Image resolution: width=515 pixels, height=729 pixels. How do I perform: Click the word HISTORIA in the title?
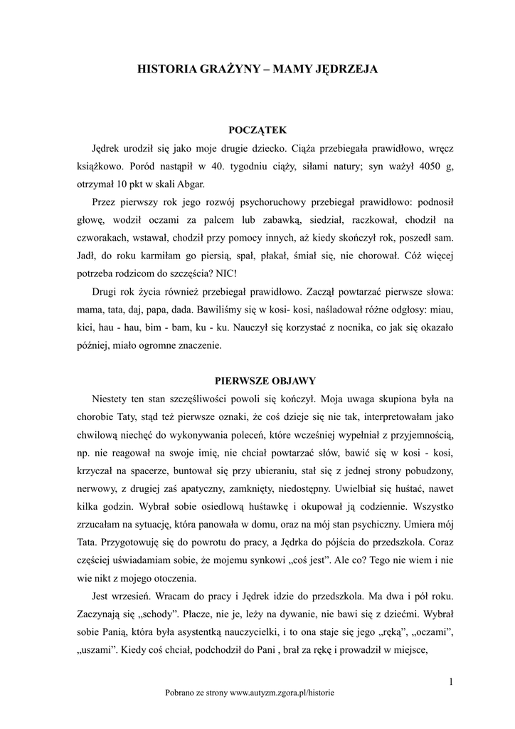pyautogui.click(x=164, y=70)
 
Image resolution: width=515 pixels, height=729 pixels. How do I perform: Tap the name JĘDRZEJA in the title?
pyautogui.click(x=346, y=70)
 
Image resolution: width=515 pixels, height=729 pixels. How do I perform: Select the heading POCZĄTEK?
pyautogui.click(x=257, y=130)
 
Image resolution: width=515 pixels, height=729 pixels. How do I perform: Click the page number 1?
pyautogui.click(x=451, y=681)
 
